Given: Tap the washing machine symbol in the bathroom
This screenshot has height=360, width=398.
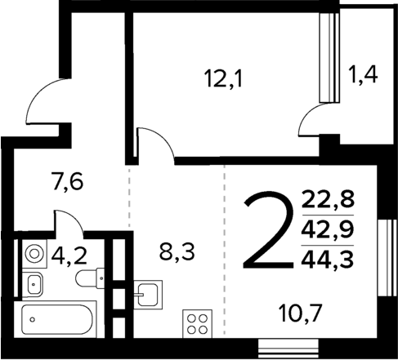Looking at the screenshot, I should click(34, 253).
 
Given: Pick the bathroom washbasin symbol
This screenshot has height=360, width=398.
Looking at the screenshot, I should click(35, 283).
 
